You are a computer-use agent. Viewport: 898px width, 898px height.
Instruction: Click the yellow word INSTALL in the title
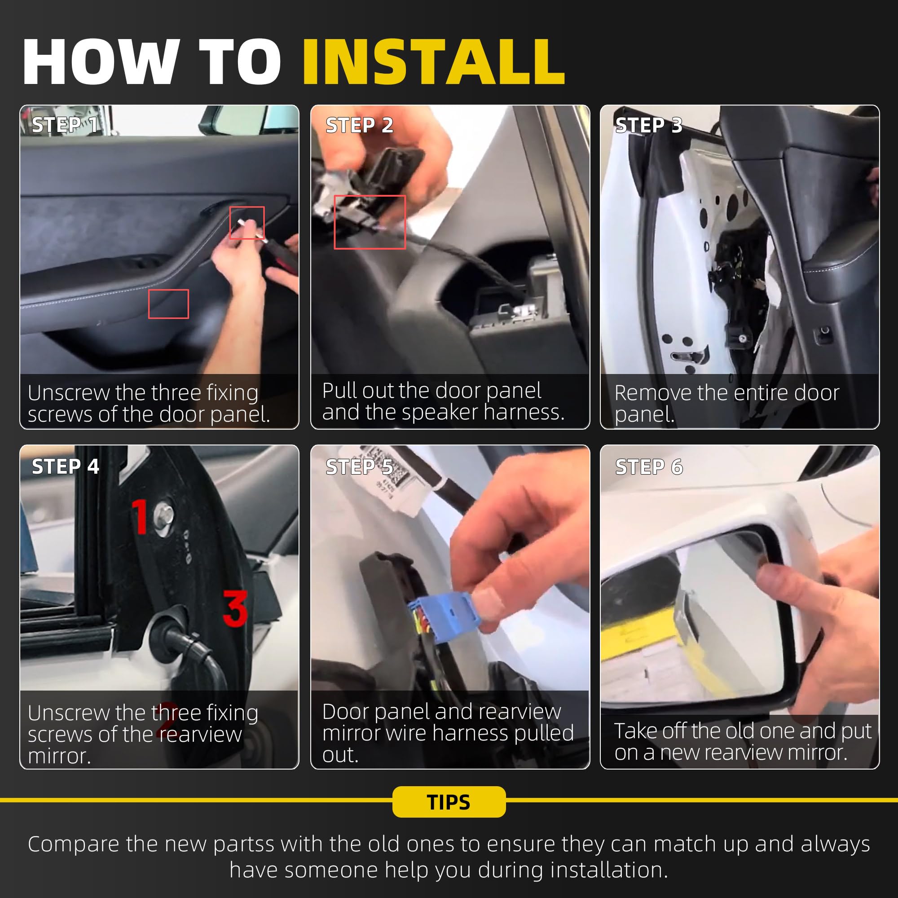click(434, 62)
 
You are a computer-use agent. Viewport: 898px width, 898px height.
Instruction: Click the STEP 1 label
click(65, 124)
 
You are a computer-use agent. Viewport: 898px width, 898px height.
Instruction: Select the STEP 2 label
click(359, 125)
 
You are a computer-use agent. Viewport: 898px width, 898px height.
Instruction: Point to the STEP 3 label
click(649, 125)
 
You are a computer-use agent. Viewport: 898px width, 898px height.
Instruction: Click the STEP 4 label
click(65, 466)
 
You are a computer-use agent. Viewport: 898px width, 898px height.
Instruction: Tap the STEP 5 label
click(359, 467)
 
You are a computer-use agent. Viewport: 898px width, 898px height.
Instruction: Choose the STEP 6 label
click(649, 467)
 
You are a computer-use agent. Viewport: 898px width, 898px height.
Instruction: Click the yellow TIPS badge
click(449, 802)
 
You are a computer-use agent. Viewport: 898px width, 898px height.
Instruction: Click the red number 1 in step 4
click(140, 516)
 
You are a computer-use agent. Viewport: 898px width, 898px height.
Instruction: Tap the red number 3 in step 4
click(235, 607)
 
